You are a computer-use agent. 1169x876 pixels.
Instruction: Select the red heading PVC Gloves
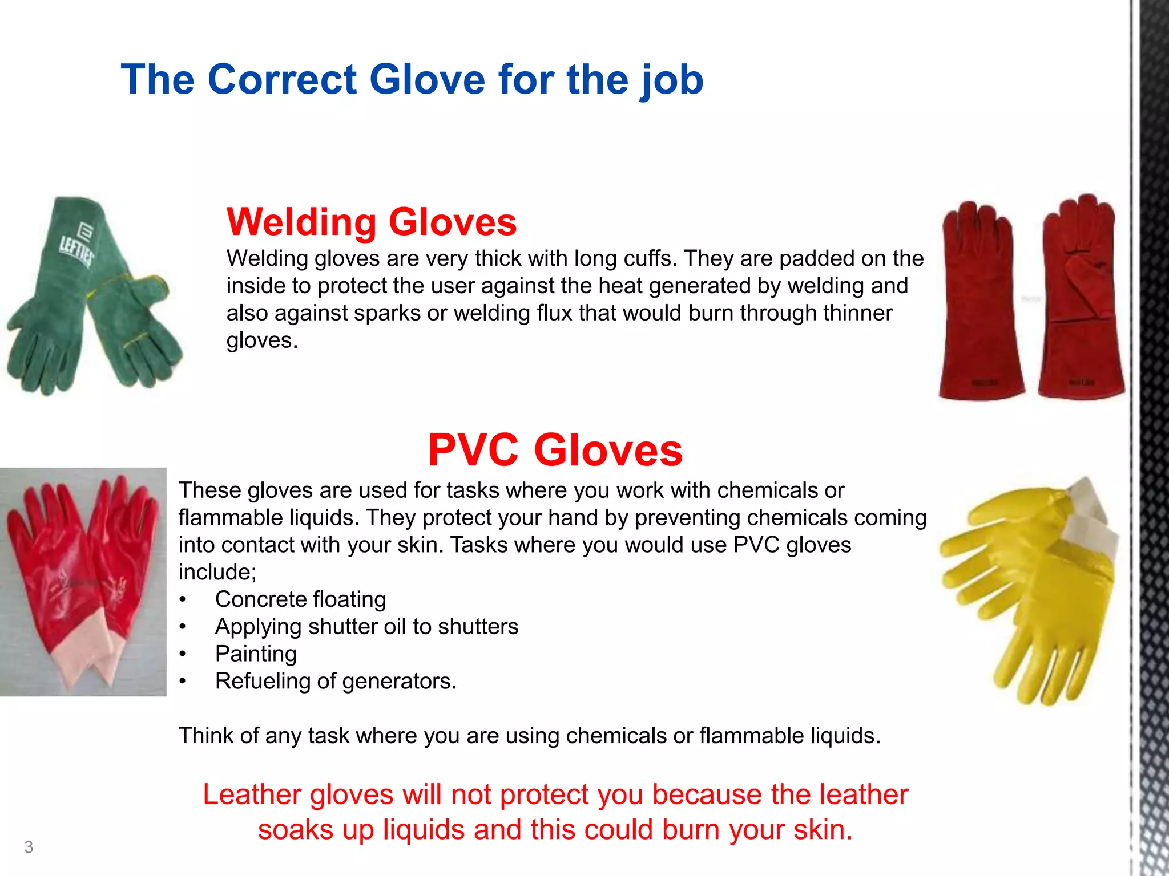(555, 450)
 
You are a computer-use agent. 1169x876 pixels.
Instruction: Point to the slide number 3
(29, 847)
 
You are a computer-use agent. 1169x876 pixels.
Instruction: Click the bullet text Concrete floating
(300, 599)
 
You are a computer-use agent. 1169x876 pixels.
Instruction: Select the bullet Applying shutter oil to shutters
(366, 627)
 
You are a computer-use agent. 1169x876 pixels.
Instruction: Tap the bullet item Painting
(256, 654)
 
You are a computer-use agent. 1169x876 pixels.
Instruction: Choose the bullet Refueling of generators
(336, 681)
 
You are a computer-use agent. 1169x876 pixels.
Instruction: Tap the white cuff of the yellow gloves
(1093, 525)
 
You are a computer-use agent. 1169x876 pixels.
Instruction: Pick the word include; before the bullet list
(217, 572)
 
